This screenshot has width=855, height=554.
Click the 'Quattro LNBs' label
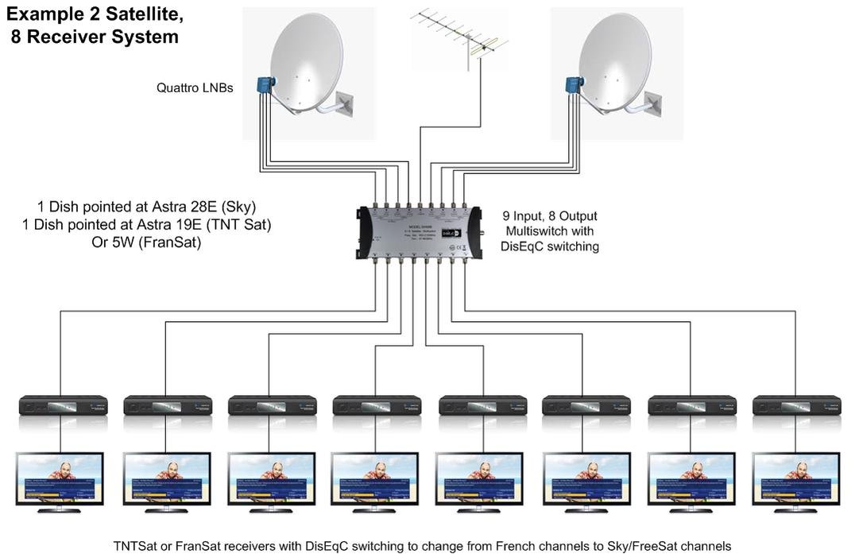[195, 88]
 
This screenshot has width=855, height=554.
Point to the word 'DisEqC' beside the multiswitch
[522, 247]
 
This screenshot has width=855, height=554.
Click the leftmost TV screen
[60, 477]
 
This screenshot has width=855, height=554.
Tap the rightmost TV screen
[795, 477]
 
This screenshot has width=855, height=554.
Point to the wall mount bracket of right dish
[654, 101]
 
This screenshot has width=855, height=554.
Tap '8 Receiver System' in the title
[95, 37]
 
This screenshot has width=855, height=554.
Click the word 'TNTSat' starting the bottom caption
[137, 546]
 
